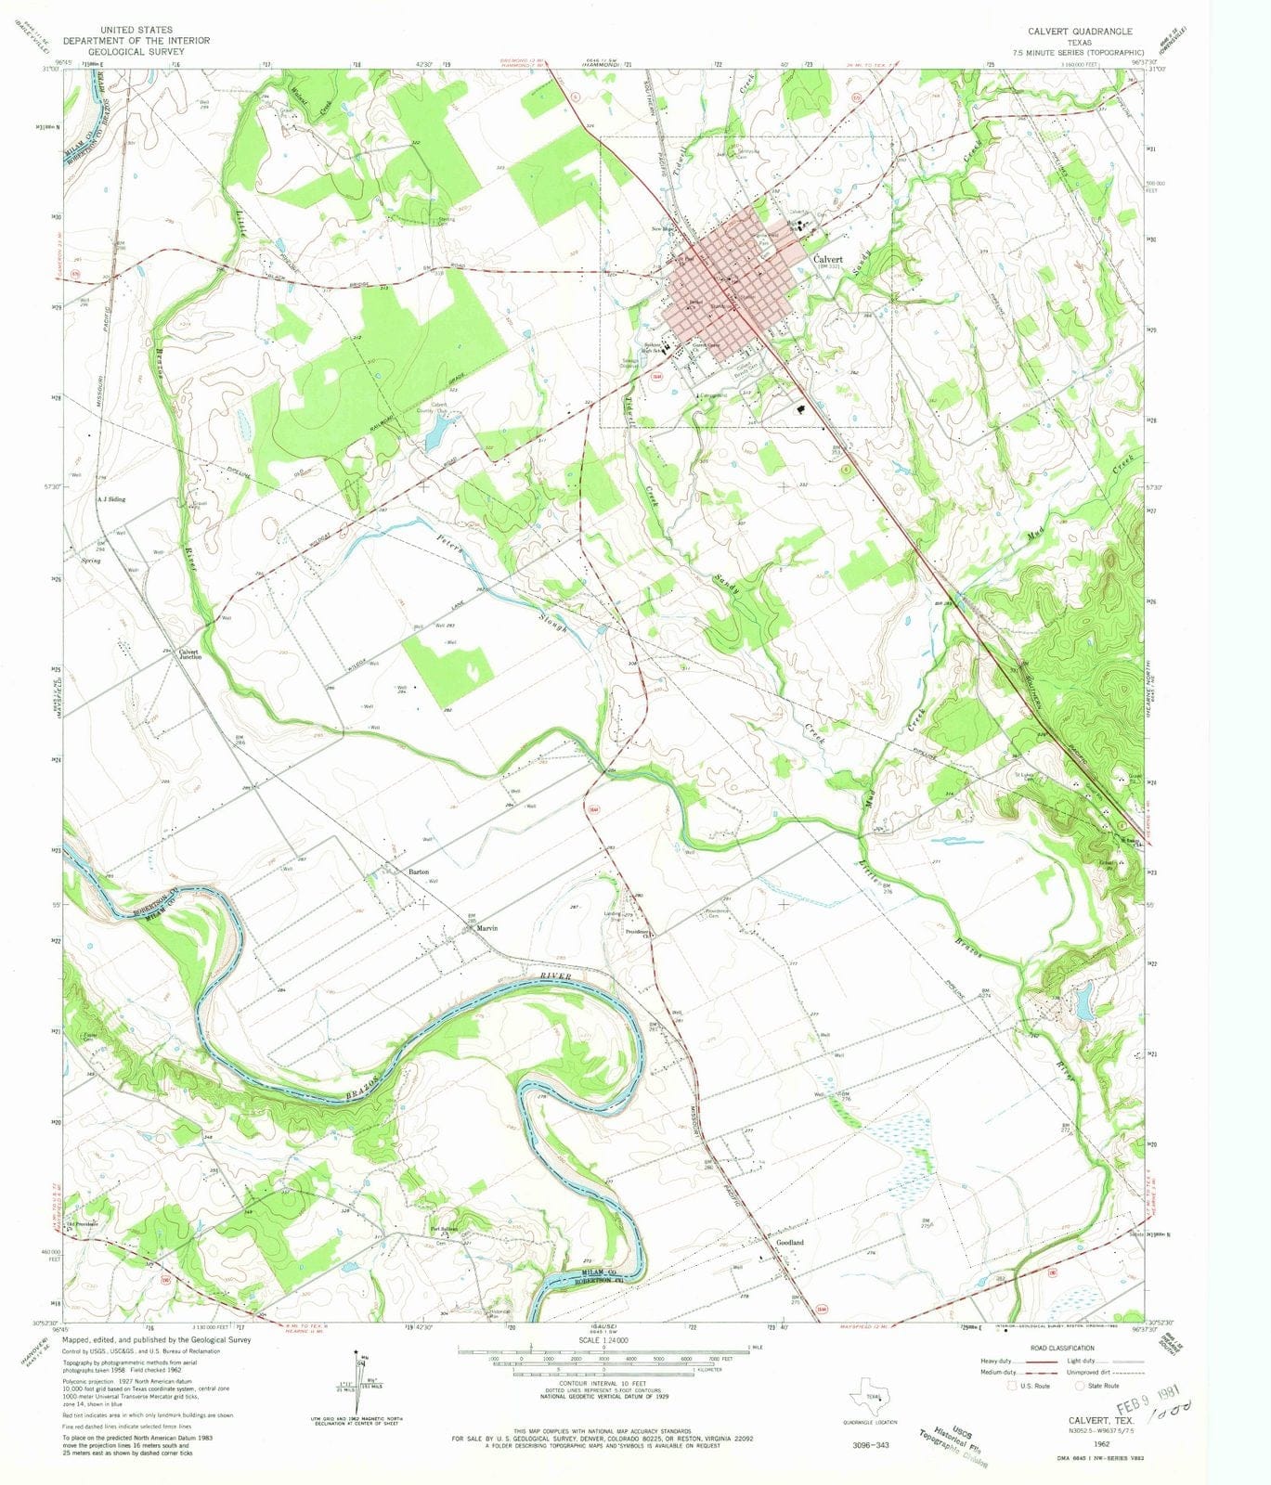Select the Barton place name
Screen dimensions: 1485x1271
click(x=418, y=872)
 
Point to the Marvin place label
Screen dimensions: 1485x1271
click(x=488, y=928)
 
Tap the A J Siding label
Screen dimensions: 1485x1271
click(x=110, y=499)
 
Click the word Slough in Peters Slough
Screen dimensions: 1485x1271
click(x=554, y=625)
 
